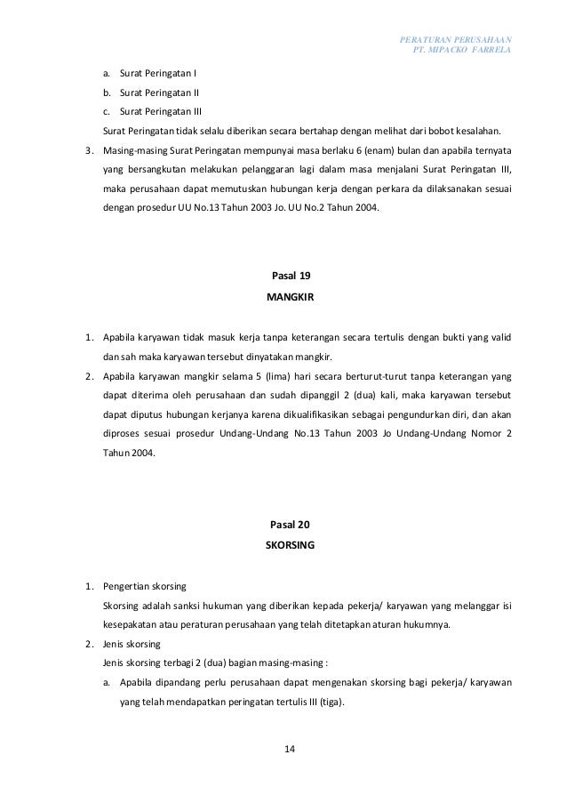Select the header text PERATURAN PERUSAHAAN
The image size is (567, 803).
pyautogui.click(x=460, y=39)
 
